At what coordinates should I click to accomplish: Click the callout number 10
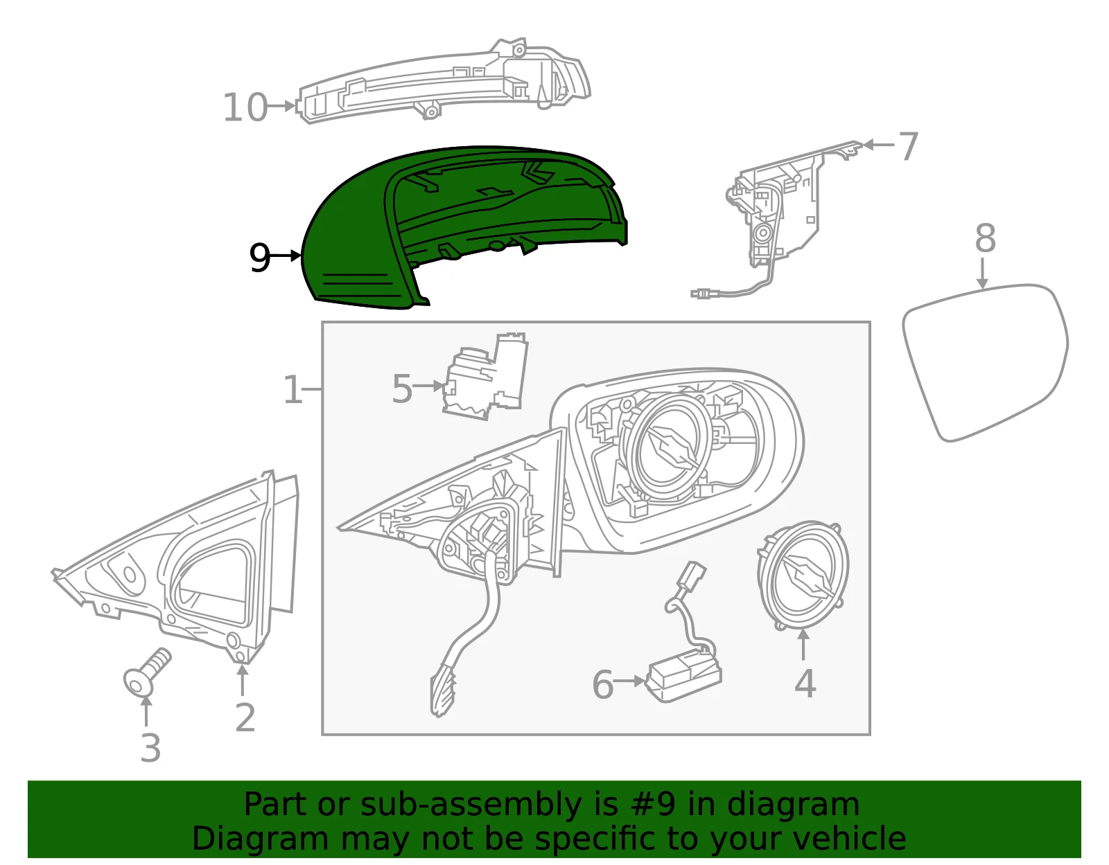click(245, 107)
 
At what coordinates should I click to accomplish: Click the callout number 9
click(259, 258)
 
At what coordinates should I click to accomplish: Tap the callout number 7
click(909, 147)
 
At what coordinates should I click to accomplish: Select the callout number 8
click(985, 238)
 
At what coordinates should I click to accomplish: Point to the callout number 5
click(401, 389)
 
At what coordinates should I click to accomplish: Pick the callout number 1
click(292, 390)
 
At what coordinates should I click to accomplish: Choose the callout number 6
click(602, 685)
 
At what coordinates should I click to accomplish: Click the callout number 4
click(805, 684)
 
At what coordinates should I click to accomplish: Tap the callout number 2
click(245, 718)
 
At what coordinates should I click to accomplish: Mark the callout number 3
click(150, 748)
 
